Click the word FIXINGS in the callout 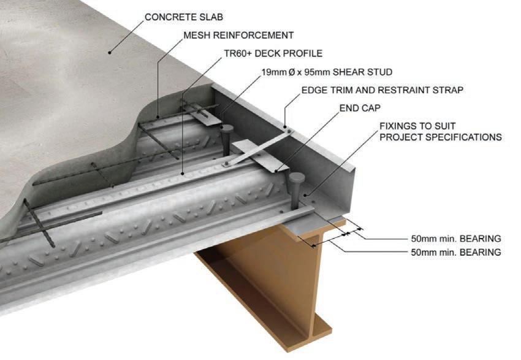[397, 126]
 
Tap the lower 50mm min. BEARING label [455, 252]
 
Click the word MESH [199, 35]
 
